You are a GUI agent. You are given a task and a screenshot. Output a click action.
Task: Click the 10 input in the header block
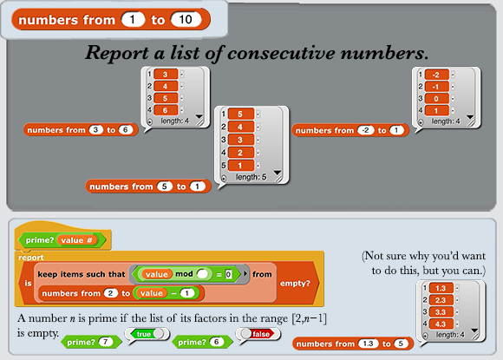click(x=186, y=20)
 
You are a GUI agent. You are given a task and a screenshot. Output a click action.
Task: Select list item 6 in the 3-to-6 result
click(x=166, y=110)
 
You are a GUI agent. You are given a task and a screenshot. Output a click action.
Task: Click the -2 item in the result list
click(x=436, y=75)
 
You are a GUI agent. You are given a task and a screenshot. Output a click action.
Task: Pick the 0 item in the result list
click(x=436, y=99)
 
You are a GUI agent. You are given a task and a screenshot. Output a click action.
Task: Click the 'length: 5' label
click(x=251, y=177)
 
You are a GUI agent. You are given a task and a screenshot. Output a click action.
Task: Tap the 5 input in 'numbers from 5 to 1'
click(x=165, y=187)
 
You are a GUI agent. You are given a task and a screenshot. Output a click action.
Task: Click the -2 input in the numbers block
click(x=366, y=130)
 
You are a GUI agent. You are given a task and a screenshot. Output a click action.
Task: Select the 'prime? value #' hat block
click(x=62, y=240)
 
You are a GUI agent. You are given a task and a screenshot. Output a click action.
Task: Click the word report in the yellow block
click(x=31, y=258)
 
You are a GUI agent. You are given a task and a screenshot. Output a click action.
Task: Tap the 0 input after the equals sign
click(x=228, y=274)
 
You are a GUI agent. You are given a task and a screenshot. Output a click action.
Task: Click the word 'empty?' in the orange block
click(x=295, y=284)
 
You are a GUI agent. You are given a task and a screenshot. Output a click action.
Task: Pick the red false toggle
click(x=258, y=334)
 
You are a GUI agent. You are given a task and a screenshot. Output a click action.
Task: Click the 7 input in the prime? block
click(x=106, y=342)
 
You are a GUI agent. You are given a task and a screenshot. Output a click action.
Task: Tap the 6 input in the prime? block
click(x=217, y=342)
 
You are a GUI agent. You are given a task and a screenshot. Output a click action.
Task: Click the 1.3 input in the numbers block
click(x=368, y=344)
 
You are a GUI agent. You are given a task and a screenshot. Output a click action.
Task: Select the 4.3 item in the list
click(x=441, y=324)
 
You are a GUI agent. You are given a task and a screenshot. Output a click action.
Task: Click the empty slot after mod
click(x=203, y=274)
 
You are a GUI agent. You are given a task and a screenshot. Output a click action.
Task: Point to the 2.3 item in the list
click(x=441, y=300)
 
